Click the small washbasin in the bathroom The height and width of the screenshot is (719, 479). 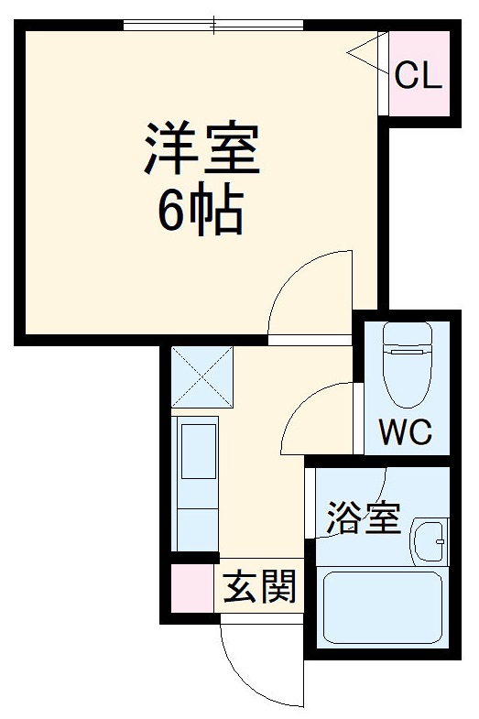pos(429,544)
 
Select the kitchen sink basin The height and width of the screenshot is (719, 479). pos(197,451)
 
